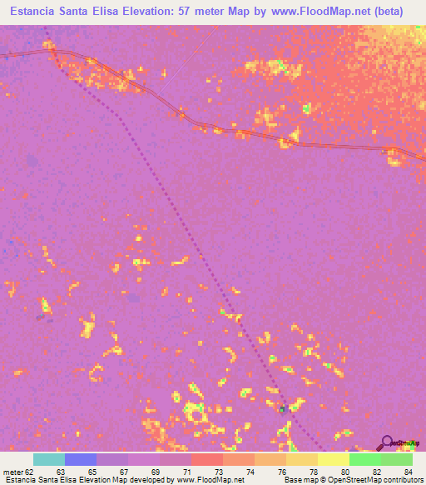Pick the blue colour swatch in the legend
(81, 459)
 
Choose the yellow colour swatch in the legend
(333, 459)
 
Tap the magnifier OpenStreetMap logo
(386, 443)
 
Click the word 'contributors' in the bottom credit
(402, 480)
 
